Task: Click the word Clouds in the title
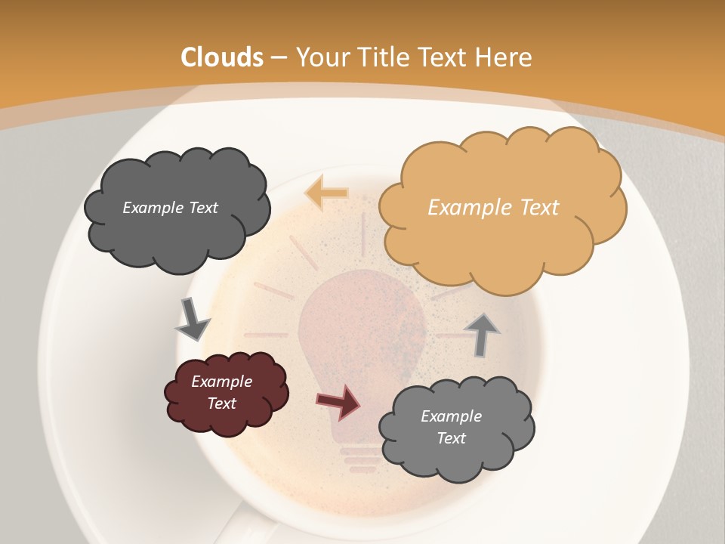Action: point(222,57)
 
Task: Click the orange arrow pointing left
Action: point(326,193)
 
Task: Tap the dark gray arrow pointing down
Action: point(192,320)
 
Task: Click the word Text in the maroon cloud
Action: point(221,403)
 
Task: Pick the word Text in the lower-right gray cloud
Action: point(451,438)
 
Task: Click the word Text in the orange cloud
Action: point(539,208)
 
